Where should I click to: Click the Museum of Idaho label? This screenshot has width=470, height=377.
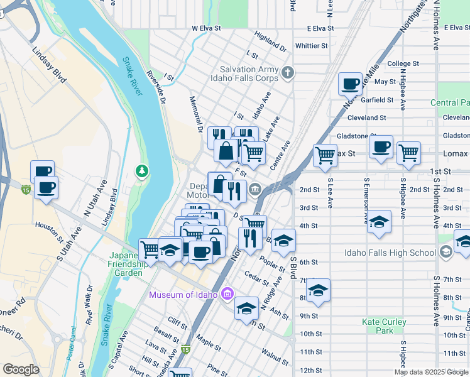[x=183, y=295]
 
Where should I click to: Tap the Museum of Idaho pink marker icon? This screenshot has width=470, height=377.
[x=227, y=294]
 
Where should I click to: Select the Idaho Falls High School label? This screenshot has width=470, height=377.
[x=390, y=253]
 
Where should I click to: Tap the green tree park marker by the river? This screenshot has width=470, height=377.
[x=143, y=172]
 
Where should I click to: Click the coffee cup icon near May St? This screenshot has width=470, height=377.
[x=350, y=83]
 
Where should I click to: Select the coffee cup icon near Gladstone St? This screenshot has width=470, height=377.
[x=381, y=147]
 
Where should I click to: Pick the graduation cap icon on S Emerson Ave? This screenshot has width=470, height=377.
[x=380, y=222]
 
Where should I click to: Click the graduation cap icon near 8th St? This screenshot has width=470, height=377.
[x=318, y=290]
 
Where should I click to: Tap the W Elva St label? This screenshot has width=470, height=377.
[x=207, y=28]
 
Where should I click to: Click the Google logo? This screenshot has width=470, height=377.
[x=21, y=369]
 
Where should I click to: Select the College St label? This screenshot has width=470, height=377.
[x=403, y=64]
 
